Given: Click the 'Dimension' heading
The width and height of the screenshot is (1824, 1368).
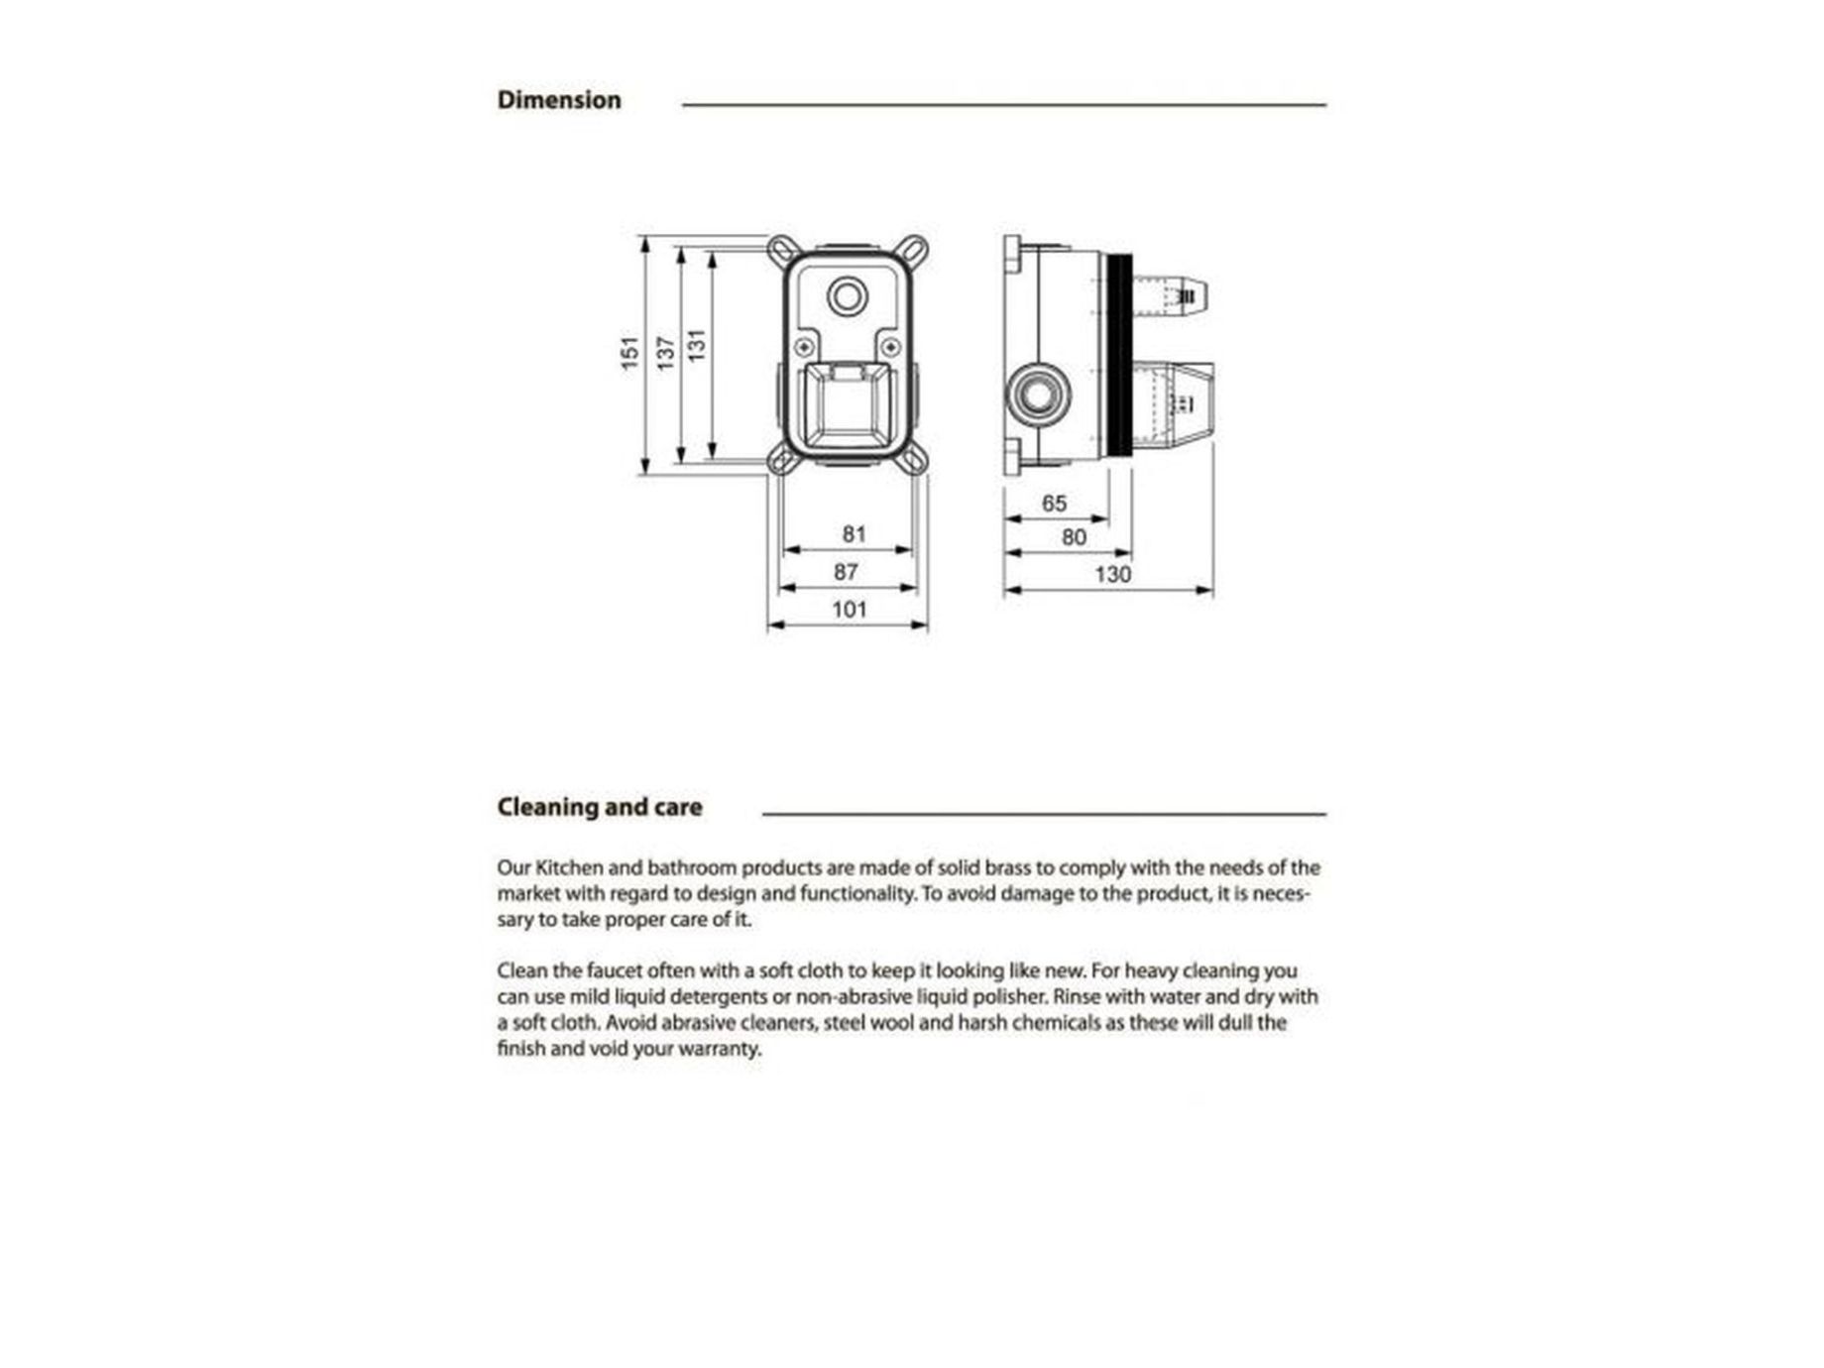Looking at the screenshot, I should [559, 100].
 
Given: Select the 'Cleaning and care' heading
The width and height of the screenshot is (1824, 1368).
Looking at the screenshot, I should [599, 807].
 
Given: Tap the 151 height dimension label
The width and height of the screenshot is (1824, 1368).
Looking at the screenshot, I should [629, 353].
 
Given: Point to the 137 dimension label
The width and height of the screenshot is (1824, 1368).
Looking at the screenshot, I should [665, 353].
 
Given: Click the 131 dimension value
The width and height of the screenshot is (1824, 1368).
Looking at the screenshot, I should [697, 345].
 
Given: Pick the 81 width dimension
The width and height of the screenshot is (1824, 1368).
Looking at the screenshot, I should [854, 534].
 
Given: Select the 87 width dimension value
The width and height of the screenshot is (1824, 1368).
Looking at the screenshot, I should [846, 572].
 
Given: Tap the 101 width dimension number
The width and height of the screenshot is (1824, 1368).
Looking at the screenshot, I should [850, 610].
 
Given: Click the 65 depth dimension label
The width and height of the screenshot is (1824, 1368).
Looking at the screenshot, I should [1054, 504].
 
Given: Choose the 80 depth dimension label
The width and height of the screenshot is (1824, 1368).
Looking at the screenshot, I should [1074, 537].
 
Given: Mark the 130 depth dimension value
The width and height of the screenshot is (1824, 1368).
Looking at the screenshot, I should [1112, 575].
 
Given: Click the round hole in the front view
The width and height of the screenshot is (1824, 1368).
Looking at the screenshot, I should [848, 295].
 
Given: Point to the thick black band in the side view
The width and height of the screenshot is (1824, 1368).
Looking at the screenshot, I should [1119, 355].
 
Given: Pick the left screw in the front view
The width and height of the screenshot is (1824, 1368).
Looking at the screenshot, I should [804, 347].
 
